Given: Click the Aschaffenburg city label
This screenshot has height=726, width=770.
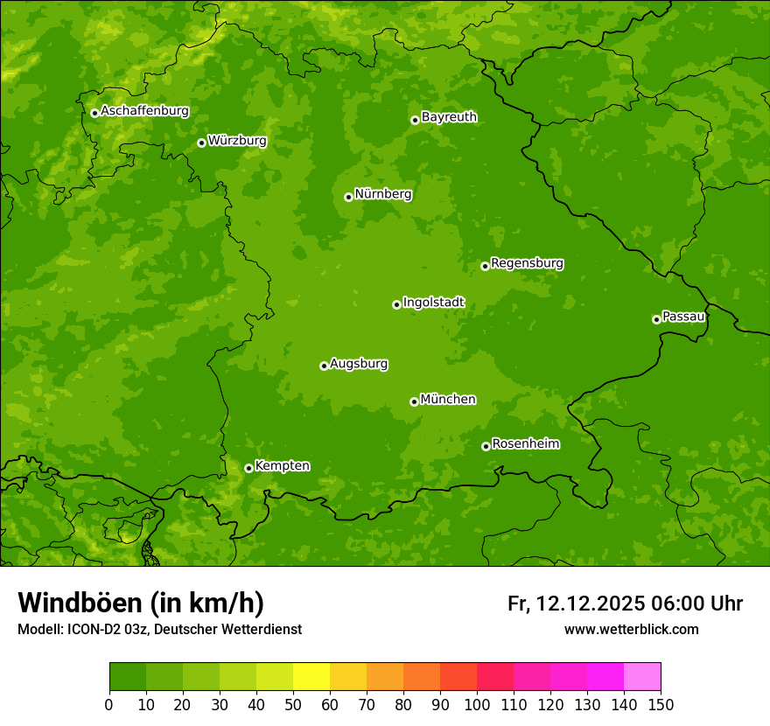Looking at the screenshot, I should click(x=144, y=111).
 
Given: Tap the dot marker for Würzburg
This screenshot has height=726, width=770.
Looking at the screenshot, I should click(x=201, y=143).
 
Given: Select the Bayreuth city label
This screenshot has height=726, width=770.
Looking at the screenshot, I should click(x=449, y=116).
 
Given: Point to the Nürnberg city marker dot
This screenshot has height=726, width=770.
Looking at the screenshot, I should click(x=348, y=197).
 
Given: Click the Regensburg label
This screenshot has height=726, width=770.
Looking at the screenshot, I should click(x=527, y=262).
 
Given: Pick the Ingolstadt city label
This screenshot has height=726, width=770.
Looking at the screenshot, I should click(x=433, y=302).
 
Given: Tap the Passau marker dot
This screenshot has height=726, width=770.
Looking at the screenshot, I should click(x=656, y=319).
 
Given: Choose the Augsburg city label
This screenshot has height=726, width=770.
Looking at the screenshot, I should click(x=359, y=363).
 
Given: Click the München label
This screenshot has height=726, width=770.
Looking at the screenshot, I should click(x=448, y=399).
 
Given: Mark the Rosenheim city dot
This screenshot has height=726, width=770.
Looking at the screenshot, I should click(x=486, y=446).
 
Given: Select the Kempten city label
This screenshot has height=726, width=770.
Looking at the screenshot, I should click(x=282, y=465).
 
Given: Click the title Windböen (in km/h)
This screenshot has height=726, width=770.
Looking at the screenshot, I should click(x=141, y=603).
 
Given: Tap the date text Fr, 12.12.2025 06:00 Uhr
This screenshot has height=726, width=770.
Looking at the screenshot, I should click(x=625, y=604).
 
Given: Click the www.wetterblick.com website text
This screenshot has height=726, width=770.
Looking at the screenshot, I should click(x=631, y=629).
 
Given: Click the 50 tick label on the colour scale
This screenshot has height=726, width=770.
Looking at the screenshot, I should click(x=293, y=704).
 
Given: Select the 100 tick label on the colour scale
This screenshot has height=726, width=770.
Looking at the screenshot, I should click(x=477, y=704).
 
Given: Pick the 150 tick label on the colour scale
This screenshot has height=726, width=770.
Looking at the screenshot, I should click(x=661, y=704).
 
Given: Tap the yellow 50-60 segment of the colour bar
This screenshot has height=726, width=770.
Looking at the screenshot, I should click(x=311, y=677).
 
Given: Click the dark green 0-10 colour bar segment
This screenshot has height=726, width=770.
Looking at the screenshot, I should click(x=128, y=677).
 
